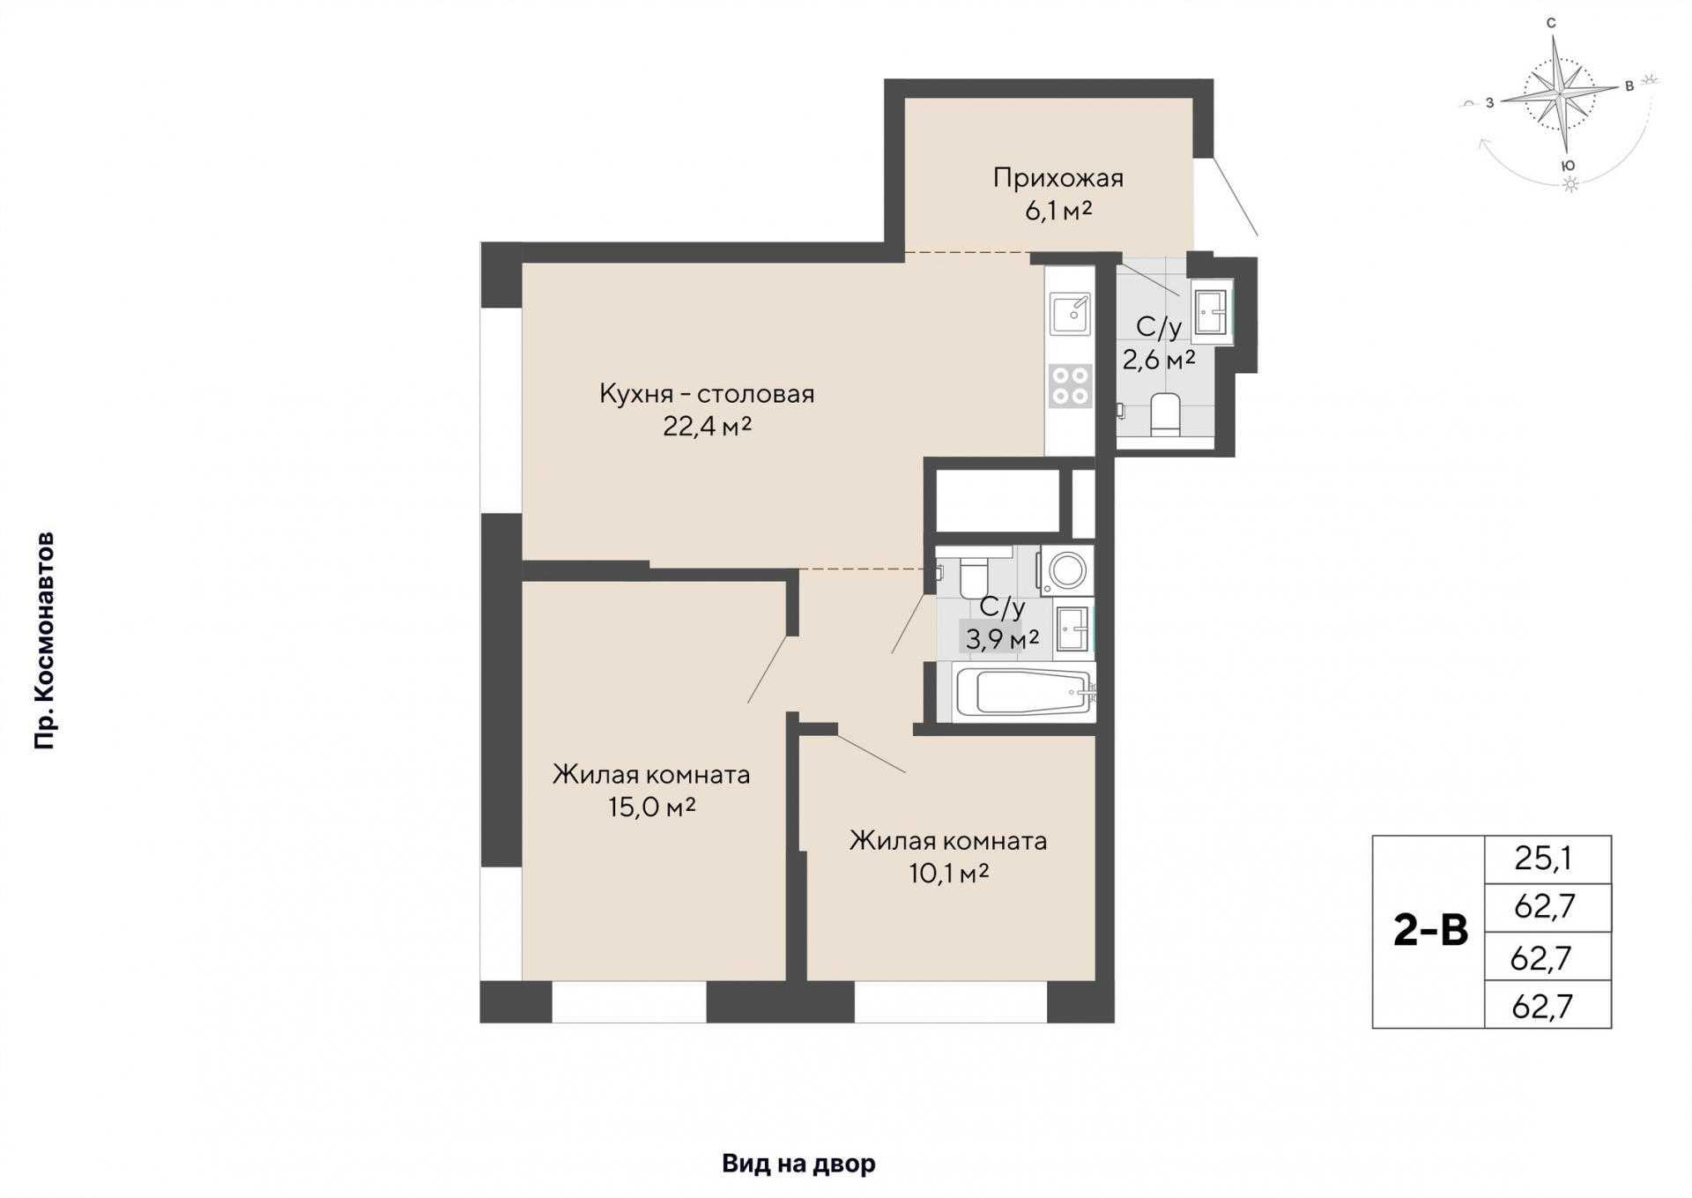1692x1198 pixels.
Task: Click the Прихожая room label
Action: (1057, 178)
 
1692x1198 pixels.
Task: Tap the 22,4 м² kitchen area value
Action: (707, 427)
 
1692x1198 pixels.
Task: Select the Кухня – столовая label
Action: (707, 393)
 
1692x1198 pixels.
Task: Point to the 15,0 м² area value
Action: (652, 807)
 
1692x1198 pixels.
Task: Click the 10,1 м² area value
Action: (948, 873)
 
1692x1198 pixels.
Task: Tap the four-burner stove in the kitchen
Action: (1071, 386)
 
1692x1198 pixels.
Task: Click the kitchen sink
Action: (1071, 313)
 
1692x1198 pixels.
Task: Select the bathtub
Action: (1026, 693)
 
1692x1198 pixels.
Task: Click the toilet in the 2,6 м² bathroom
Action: (1165, 414)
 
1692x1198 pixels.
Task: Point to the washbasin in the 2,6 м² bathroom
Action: (1212, 312)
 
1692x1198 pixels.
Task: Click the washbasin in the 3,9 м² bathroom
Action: (1074, 628)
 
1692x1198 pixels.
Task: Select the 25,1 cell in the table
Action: (1547, 859)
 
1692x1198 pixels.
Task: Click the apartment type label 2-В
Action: (1430, 931)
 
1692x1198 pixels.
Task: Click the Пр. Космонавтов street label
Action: (44, 641)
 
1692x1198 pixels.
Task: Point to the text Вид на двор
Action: (798, 1164)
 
